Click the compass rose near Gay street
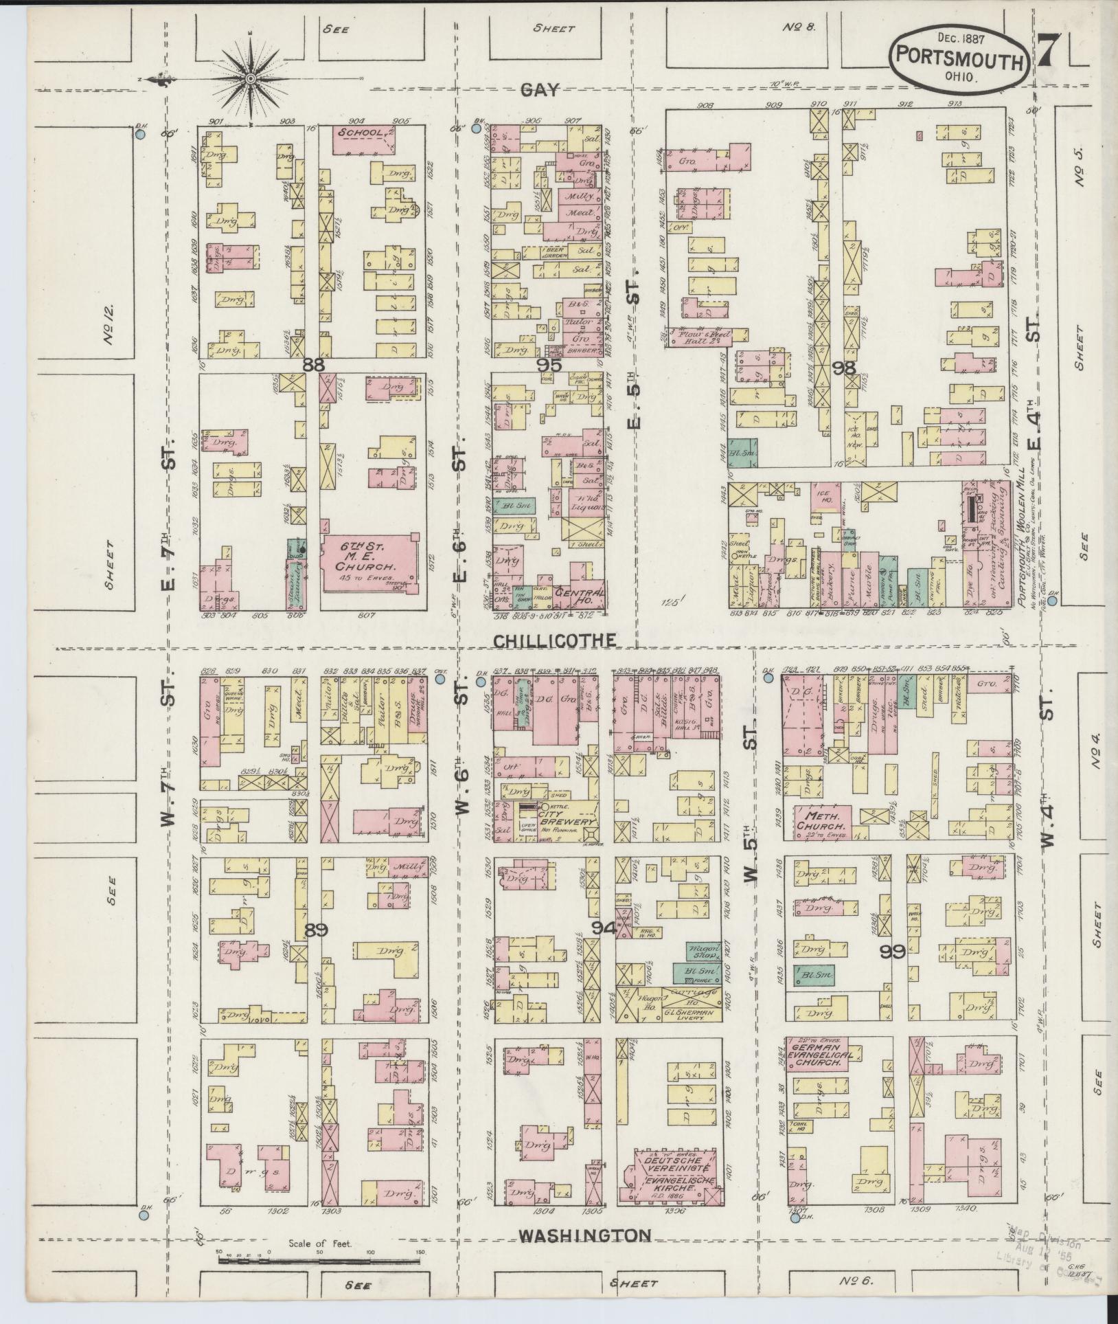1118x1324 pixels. click(x=251, y=80)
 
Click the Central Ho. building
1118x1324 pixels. click(x=581, y=596)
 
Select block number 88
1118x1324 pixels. click(x=313, y=366)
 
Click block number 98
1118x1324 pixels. click(x=843, y=368)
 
